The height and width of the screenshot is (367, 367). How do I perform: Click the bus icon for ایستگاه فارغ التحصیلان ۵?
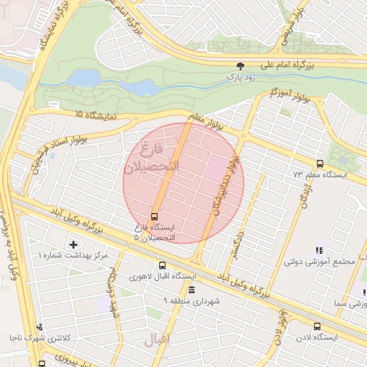(154, 216)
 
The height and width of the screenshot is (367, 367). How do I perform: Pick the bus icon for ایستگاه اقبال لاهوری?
(162, 265)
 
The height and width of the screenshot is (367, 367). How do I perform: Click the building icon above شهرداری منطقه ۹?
(191, 290)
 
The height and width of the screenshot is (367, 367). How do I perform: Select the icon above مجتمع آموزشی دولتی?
(319, 250)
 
